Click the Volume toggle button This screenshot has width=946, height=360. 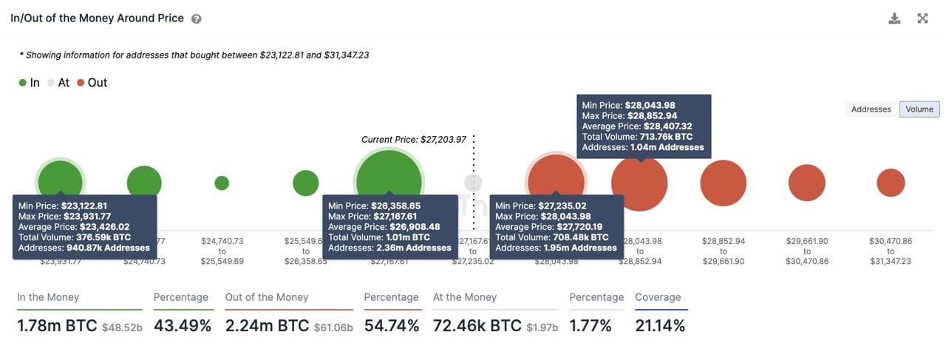point(919,109)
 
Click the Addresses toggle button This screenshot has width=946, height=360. point(871,109)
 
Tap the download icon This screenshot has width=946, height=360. point(894,18)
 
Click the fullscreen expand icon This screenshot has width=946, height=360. point(922,18)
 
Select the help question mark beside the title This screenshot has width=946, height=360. point(196,19)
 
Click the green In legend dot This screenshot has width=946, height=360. point(23,83)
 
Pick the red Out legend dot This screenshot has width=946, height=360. point(81,83)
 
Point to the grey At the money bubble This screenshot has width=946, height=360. point(473,183)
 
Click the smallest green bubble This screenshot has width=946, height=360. point(222,183)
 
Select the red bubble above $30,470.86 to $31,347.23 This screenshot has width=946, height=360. point(891,183)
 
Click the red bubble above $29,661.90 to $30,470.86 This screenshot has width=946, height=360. point(806,183)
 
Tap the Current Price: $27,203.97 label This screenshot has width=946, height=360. point(413,139)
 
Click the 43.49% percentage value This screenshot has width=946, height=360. point(183,325)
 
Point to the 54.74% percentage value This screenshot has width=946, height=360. point(392,325)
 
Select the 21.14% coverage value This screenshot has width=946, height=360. point(660,325)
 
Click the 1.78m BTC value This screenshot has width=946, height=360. point(57,325)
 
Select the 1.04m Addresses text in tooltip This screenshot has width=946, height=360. point(667,147)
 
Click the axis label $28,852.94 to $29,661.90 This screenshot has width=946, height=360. point(723,251)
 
